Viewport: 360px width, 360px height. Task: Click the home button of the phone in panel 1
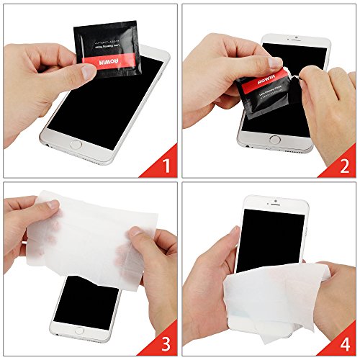(75, 144)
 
